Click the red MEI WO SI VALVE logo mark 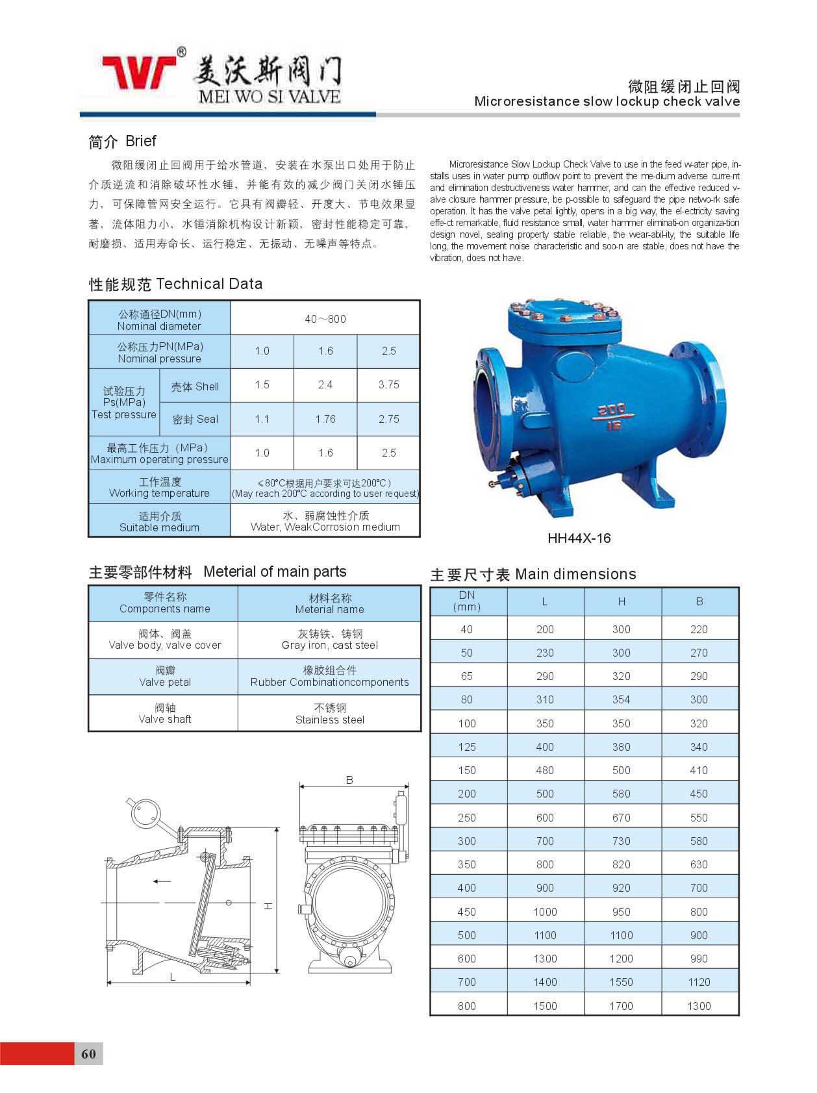pos(139,71)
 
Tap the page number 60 pos(88,1053)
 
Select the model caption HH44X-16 pos(579,538)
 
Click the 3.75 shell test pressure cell pos(388,384)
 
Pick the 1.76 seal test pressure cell pos(325,419)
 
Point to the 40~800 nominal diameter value pos(325,319)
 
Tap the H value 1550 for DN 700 pos(621,982)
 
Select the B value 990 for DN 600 pos(699,959)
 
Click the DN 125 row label pos(466,747)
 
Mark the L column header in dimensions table pos(545,602)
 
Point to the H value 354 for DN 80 pos(621,699)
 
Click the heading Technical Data pos(209,284)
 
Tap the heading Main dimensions pos(575,574)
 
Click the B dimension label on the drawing pos(349,780)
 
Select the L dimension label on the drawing pos(173,977)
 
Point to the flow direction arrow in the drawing pos(162,881)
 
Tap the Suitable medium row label pos(159,521)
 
